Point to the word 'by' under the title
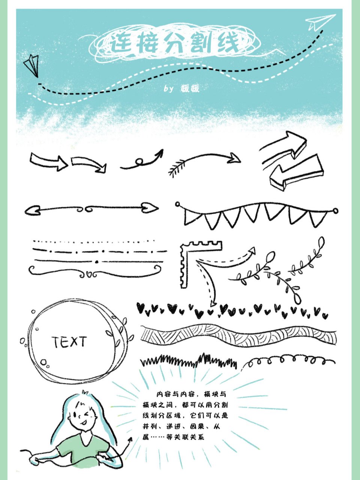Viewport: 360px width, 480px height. [x=168, y=89]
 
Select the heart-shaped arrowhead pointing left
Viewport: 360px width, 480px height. [x=32, y=211]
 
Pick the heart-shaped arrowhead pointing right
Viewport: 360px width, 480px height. [x=150, y=207]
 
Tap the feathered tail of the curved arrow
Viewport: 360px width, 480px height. [x=177, y=168]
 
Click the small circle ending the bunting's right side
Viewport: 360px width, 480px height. [x=335, y=211]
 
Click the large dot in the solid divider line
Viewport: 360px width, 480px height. [x=97, y=261]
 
